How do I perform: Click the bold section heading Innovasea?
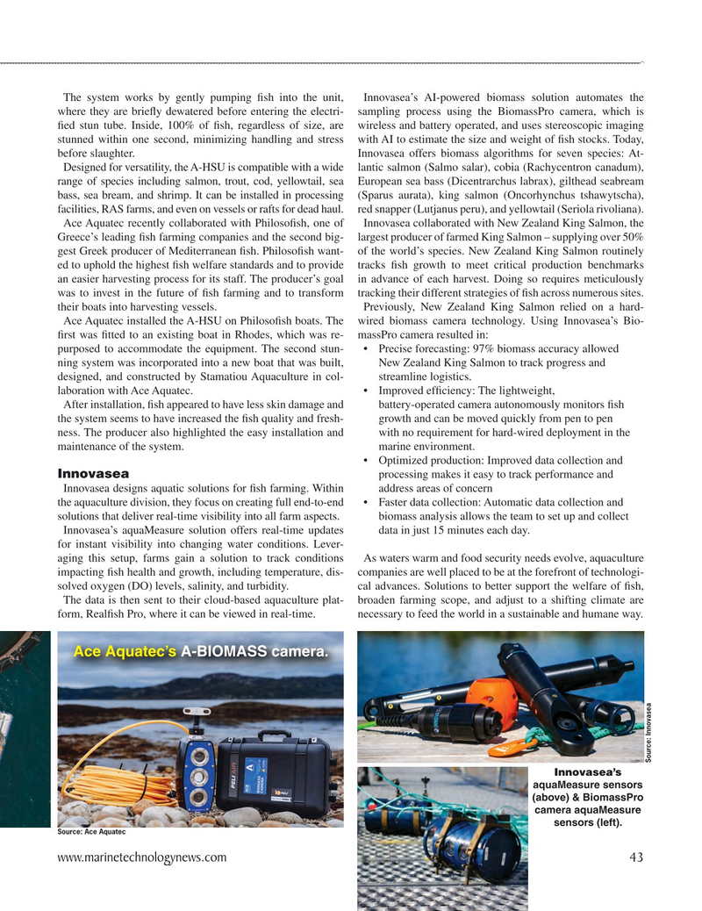(x=93, y=474)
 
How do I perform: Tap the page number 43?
(x=636, y=857)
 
